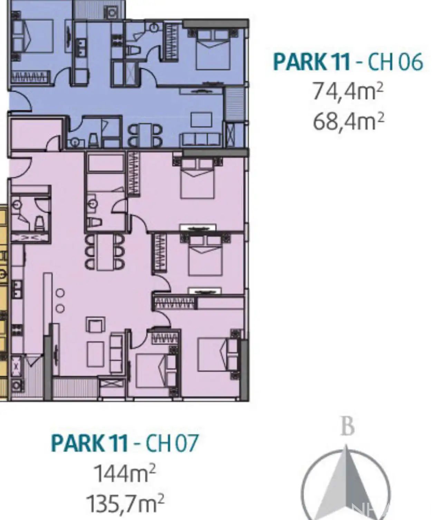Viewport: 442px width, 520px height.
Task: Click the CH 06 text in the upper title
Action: click(x=394, y=62)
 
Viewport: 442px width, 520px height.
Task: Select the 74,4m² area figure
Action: click(x=348, y=92)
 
